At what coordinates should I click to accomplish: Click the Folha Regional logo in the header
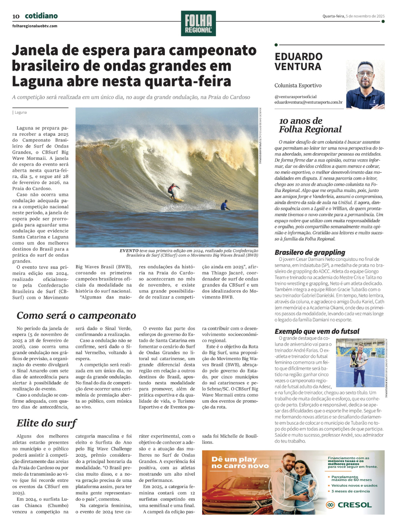pyautogui.click(x=198, y=23)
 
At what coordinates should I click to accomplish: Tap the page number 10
pyautogui.click(x=16, y=16)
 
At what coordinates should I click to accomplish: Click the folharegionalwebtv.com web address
pyautogui.click(x=35, y=26)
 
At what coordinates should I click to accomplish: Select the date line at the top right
pyautogui.click(x=353, y=16)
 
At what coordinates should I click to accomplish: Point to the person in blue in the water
pyautogui.click(x=225, y=205)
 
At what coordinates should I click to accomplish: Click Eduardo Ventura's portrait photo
pyautogui.click(x=365, y=85)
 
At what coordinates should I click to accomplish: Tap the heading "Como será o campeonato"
pyautogui.click(x=76, y=315)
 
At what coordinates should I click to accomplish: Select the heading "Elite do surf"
pyautogui.click(x=46, y=423)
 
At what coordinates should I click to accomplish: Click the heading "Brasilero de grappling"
pyautogui.click(x=310, y=252)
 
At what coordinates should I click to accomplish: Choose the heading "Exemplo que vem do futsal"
pyautogui.click(x=317, y=331)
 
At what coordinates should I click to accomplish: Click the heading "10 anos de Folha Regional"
pyautogui.click(x=310, y=125)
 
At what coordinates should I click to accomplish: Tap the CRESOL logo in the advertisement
pyautogui.click(x=349, y=505)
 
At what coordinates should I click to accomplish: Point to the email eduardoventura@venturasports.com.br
pyautogui.click(x=308, y=102)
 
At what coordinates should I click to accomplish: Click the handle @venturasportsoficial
pyautogui.click(x=296, y=97)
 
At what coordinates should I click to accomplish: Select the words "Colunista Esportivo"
pyautogui.click(x=298, y=85)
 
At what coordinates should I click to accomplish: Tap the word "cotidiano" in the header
pyautogui.click(x=41, y=16)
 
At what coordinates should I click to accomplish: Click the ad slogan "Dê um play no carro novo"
pyautogui.click(x=240, y=462)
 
